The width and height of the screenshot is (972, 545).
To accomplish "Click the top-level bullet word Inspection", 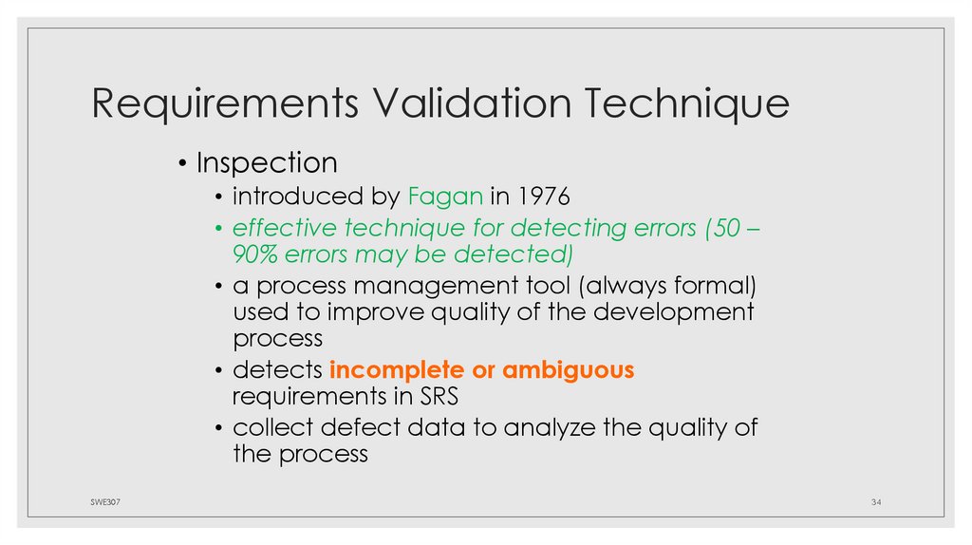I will [267, 163].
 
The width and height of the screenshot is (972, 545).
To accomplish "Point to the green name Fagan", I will [447, 197].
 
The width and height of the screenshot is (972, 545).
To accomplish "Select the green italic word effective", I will [282, 229].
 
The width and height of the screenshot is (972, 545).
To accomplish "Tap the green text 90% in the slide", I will [255, 255].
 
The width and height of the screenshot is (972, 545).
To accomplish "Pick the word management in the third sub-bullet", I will [451, 287].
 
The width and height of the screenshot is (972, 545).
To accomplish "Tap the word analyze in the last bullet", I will [548, 427].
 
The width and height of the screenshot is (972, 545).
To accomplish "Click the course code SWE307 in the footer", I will [93, 500].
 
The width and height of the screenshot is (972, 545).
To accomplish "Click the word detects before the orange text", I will [278, 370].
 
